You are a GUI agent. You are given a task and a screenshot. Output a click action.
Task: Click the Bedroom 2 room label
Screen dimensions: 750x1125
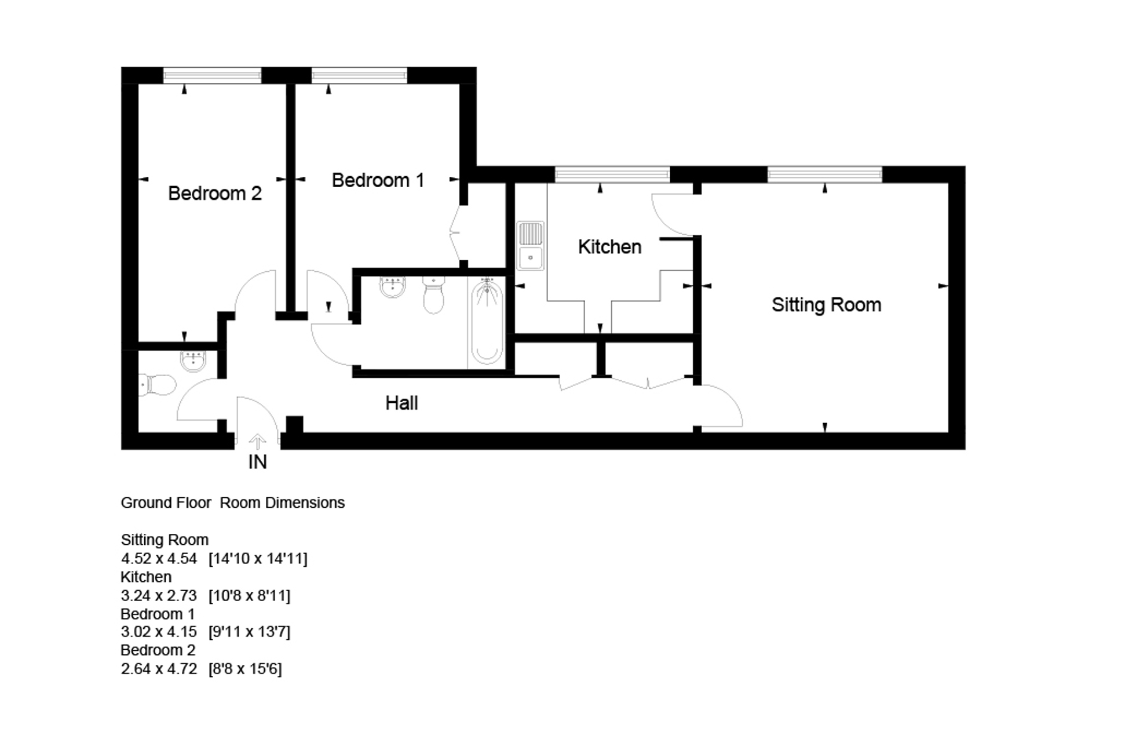214,193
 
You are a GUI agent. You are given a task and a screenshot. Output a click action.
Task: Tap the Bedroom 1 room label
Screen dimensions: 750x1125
378,180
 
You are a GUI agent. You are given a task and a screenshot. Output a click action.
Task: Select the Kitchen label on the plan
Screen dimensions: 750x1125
609,247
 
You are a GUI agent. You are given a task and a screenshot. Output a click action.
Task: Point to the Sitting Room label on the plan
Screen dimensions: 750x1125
826,305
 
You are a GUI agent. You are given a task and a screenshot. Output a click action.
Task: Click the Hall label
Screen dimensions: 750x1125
401,403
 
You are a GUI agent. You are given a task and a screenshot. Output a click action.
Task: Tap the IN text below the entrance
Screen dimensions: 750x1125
257,462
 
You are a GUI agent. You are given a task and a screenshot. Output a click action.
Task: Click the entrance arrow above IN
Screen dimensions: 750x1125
257,442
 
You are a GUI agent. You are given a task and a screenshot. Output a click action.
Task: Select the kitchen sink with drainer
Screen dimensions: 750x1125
530,245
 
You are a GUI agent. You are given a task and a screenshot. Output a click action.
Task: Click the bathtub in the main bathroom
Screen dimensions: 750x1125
487,322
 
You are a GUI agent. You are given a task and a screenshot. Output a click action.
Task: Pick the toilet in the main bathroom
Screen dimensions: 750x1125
433,294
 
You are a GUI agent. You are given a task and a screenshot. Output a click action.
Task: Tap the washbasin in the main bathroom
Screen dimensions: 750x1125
393,287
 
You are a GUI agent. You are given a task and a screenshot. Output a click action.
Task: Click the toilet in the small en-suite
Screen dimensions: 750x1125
158,384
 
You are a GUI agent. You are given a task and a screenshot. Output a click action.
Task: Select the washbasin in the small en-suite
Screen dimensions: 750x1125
193,361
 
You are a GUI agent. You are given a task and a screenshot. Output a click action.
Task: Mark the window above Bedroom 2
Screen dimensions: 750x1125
212,75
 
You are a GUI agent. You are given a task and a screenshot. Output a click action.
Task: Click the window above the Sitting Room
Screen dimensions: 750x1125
824,174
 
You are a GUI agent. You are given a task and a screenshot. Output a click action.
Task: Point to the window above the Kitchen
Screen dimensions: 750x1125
612,174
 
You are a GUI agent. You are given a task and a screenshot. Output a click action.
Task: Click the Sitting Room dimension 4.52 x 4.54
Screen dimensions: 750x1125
159,559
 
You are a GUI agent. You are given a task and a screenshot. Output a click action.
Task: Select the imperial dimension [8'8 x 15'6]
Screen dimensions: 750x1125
245,669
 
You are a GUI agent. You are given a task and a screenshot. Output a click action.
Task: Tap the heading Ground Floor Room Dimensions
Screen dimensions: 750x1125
232,503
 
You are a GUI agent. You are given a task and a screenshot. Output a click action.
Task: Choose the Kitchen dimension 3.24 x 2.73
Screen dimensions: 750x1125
159,595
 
